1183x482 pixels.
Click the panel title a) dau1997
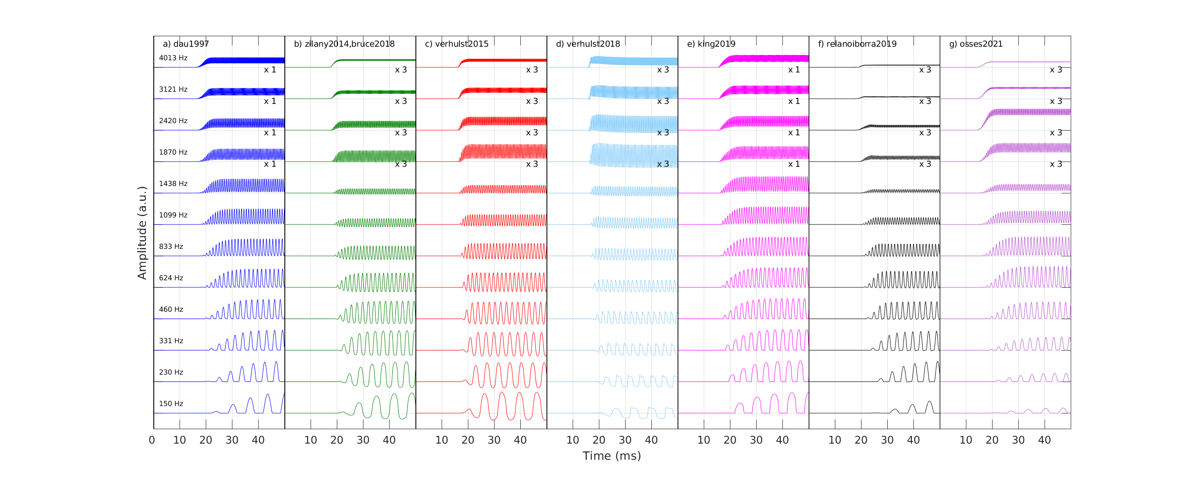pos(186,44)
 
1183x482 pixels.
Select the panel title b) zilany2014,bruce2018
pos(344,44)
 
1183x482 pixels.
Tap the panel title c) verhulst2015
pos(457,44)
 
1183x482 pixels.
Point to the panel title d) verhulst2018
pos(588,44)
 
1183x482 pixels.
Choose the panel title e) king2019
pos(711,44)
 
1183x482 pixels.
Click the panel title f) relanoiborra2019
pos(857,44)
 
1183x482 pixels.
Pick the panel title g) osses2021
pos(976,44)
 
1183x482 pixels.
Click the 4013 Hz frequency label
pos(173,58)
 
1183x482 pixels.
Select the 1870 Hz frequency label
pos(173,152)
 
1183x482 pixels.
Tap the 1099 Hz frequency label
pos(173,215)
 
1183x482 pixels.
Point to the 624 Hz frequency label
pos(171,278)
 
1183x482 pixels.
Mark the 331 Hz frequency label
pos(171,341)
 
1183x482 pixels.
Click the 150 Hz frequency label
pos(171,403)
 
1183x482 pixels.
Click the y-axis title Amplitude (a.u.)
pos(142,233)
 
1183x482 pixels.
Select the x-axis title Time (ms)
pos(611,456)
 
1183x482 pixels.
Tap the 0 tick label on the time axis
pos(152,440)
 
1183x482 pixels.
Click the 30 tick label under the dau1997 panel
pos(232,440)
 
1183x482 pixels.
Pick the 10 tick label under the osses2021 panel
pos(966,440)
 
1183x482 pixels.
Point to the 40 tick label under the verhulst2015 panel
pos(520,440)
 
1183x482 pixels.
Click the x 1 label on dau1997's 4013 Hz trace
pos(270,70)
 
